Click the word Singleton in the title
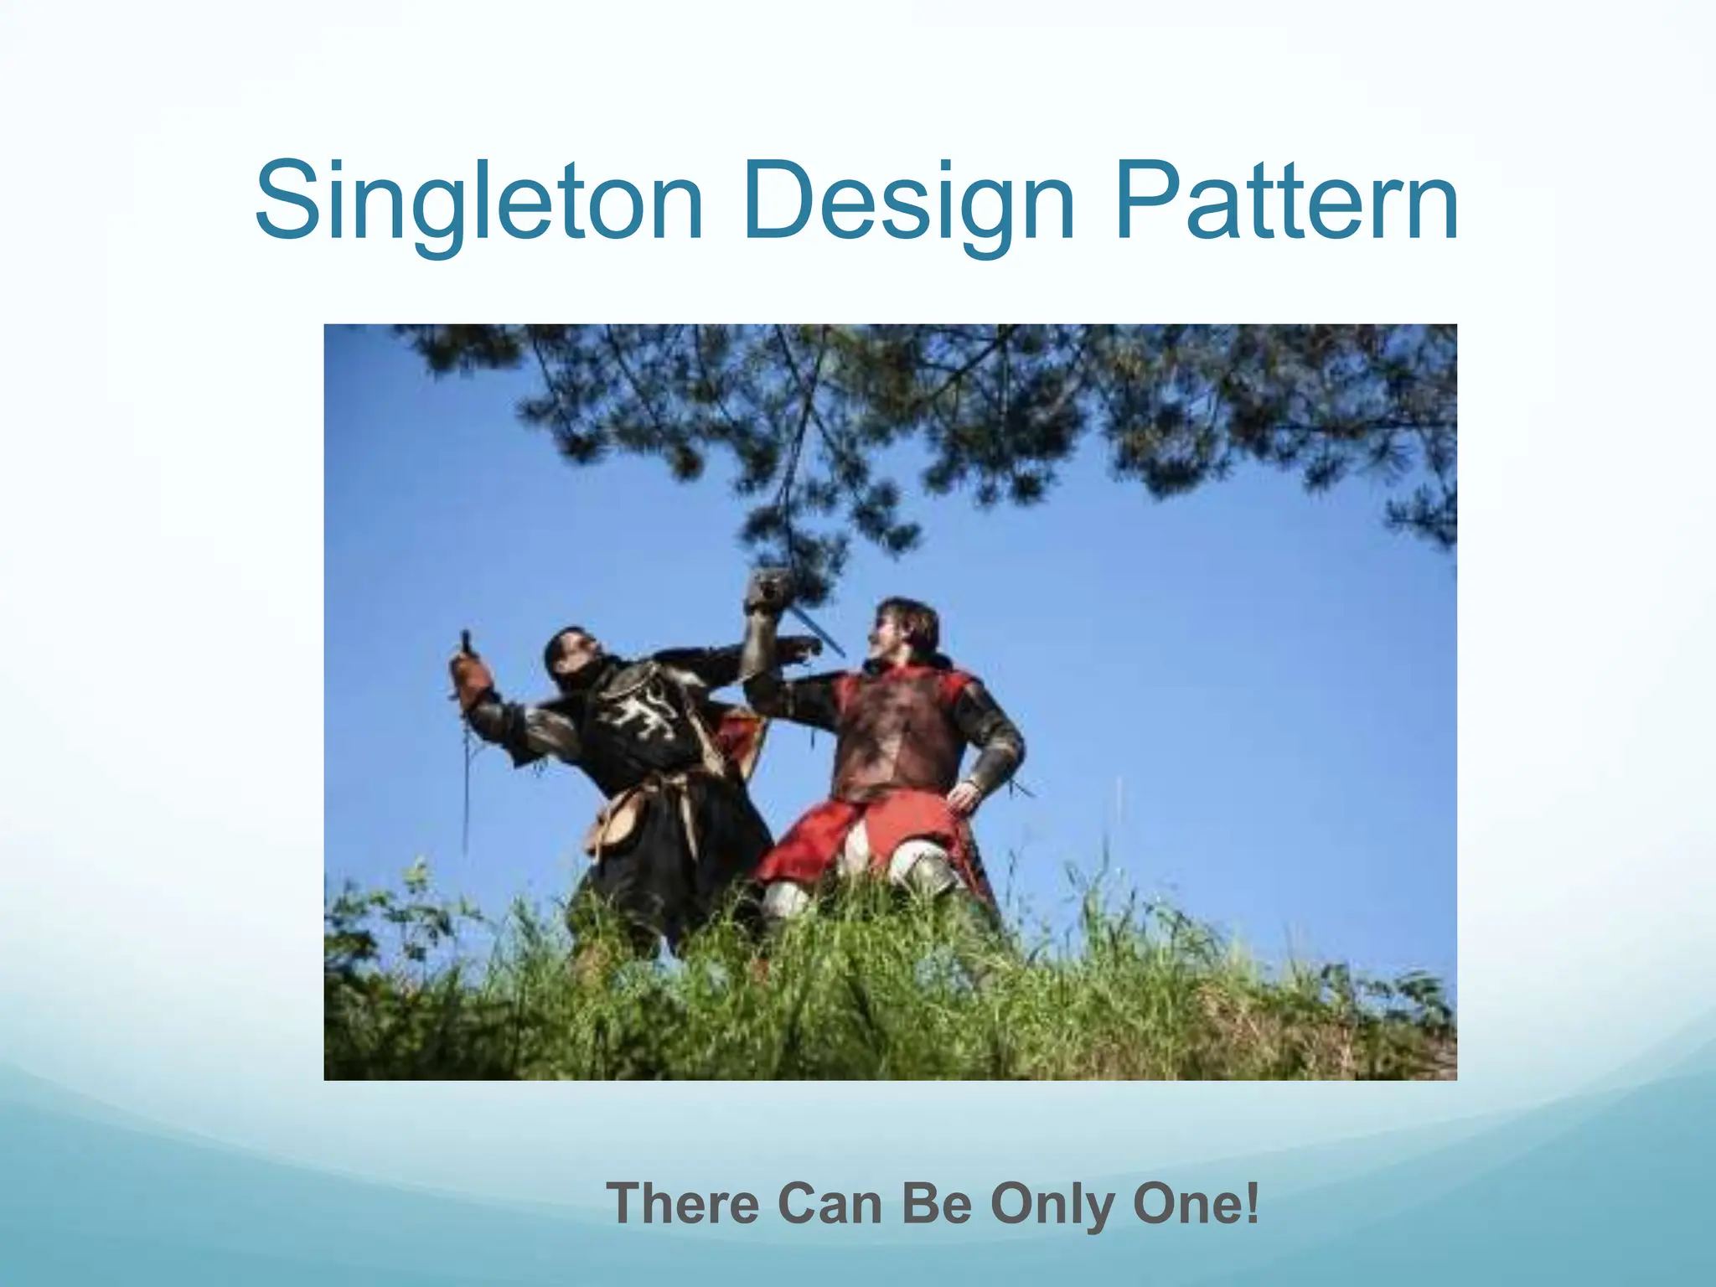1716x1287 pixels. click(478, 204)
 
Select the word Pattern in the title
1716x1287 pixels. click(1286, 204)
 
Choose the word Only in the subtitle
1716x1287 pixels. click(1052, 1203)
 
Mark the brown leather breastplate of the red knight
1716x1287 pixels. click(897, 737)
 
